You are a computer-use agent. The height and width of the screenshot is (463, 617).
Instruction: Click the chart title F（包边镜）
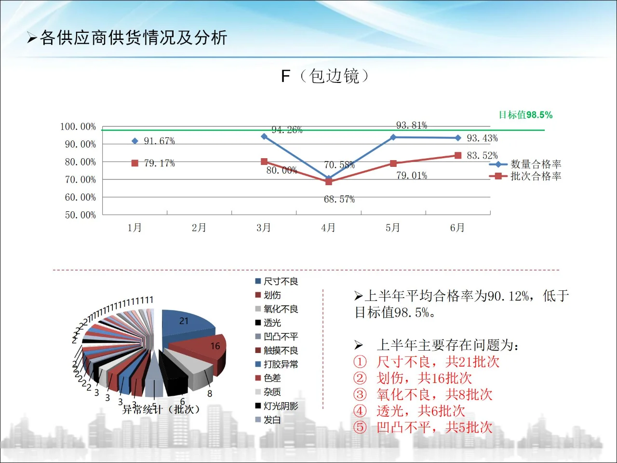coord(325,76)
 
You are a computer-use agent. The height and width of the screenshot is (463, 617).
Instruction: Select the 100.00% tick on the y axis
coord(78,127)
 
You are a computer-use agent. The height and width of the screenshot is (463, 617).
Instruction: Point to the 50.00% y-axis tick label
coord(80,215)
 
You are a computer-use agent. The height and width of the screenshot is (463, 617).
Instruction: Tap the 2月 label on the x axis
coord(199,228)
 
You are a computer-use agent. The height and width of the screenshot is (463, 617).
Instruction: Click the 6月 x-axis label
coord(457,228)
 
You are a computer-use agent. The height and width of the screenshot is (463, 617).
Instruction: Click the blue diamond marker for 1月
coord(135,141)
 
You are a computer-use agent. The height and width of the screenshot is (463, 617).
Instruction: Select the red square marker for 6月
coord(458,155)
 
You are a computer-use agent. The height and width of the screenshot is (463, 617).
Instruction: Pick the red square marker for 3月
coord(264,162)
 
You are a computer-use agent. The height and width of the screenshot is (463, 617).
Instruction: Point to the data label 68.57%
coord(339,199)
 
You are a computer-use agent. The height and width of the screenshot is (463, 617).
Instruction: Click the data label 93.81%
coord(412,125)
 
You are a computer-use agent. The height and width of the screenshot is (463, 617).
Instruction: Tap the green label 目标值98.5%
coord(525,115)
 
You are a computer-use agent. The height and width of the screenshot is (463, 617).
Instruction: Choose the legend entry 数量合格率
coord(536,164)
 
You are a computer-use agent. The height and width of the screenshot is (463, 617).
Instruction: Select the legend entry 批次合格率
coord(536,177)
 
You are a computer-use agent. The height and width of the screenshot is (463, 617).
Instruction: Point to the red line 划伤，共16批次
coord(424,378)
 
